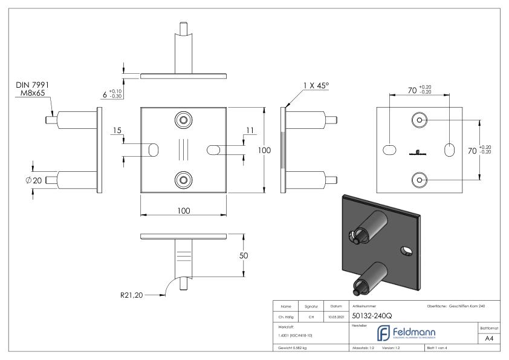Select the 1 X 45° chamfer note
[315, 86]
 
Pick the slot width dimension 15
[117, 131]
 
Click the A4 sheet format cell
[490, 338]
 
